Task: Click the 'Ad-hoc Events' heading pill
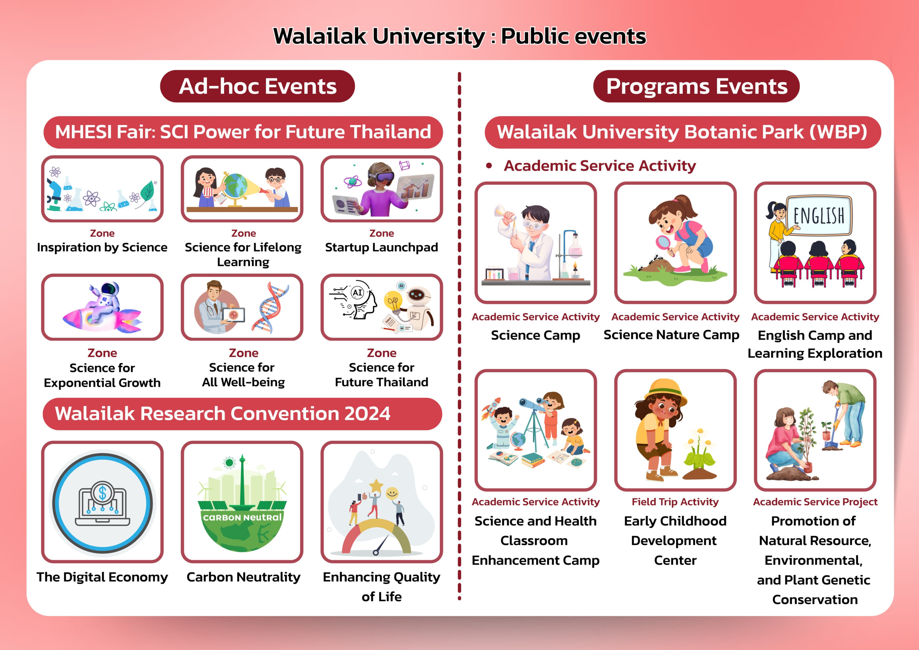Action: coord(257,86)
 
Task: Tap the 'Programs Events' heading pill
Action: coord(696,86)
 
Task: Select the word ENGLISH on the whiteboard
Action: coord(819,216)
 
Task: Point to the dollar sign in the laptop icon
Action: coord(102,493)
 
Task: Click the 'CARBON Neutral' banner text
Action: coord(242,517)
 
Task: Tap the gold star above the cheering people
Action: coord(376,486)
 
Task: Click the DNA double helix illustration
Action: coord(271,307)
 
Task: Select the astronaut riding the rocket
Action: coord(104,300)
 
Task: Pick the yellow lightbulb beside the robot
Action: coord(393,301)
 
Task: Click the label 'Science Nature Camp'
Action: coord(671,334)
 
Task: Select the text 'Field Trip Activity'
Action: coord(675,501)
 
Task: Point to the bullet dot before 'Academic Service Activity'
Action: coord(488,166)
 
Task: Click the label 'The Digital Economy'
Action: coord(102,577)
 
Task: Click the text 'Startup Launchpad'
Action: coord(382,247)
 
